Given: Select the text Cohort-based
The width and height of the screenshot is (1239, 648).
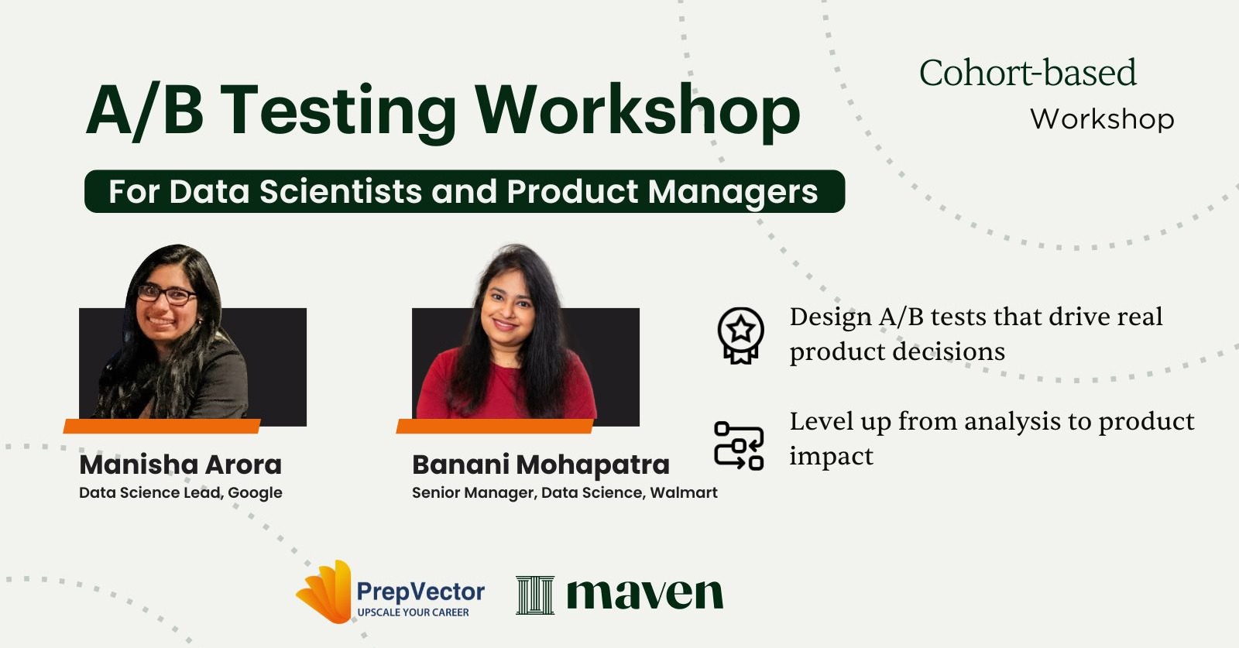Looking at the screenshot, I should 1028,74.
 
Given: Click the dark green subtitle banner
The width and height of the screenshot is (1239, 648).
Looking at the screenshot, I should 465,191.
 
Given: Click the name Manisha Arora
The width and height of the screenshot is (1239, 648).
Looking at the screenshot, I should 180,465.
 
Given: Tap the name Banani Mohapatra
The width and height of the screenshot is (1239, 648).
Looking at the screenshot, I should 541,465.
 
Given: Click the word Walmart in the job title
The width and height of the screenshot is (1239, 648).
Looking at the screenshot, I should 684,493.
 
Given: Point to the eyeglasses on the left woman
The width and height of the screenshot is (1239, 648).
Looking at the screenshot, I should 166,295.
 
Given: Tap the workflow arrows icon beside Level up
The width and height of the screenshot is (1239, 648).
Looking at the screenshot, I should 739,446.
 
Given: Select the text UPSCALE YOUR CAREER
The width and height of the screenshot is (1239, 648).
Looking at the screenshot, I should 413,612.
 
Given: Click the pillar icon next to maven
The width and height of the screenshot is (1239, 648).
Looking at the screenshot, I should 535,595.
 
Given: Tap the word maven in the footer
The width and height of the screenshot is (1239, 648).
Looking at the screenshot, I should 644,595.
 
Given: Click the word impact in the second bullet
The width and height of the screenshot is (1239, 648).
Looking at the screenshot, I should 831,457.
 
